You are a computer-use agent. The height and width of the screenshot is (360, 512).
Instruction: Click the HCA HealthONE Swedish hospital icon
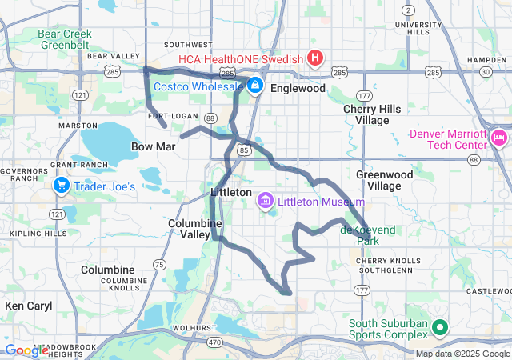pyautogui.click(x=315, y=58)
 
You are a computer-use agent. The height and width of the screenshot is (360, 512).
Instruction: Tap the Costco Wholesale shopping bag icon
pyautogui.click(x=254, y=84)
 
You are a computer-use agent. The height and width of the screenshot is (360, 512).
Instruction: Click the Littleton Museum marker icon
pyautogui.click(x=266, y=201)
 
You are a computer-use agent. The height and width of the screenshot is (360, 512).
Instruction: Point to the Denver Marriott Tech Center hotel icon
pyautogui.click(x=499, y=138)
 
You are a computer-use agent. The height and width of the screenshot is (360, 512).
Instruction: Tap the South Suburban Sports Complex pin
pyautogui.click(x=439, y=327)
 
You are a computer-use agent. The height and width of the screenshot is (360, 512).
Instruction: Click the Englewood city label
pyautogui.click(x=298, y=89)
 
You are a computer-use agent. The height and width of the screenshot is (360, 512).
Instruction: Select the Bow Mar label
pyautogui.click(x=147, y=146)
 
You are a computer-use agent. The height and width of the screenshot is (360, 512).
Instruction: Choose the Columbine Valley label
pyautogui.click(x=190, y=229)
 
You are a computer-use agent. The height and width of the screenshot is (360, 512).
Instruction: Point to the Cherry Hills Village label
pyautogui.click(x=366, y=114)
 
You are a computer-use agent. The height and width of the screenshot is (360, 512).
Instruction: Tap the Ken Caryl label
pyautogui.click(x=28, y=306)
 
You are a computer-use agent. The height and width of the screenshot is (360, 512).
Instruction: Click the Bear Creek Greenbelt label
pyautogui.click(x=66, y=39)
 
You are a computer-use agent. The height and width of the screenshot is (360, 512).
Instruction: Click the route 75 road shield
pyautogui.click(x=159, y=264)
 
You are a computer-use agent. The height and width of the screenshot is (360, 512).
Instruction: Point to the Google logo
pyautogui.click(x=26, y=350)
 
